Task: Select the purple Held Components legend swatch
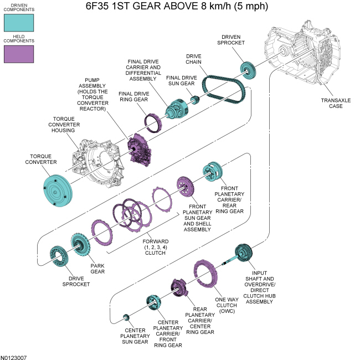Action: [x=18, y=54]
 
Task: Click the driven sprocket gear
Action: [x=249, y=70]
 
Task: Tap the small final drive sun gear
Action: [x=195, y=100]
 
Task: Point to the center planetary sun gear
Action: [x=126, y=317]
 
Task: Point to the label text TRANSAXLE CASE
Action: [x=336, y=103]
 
